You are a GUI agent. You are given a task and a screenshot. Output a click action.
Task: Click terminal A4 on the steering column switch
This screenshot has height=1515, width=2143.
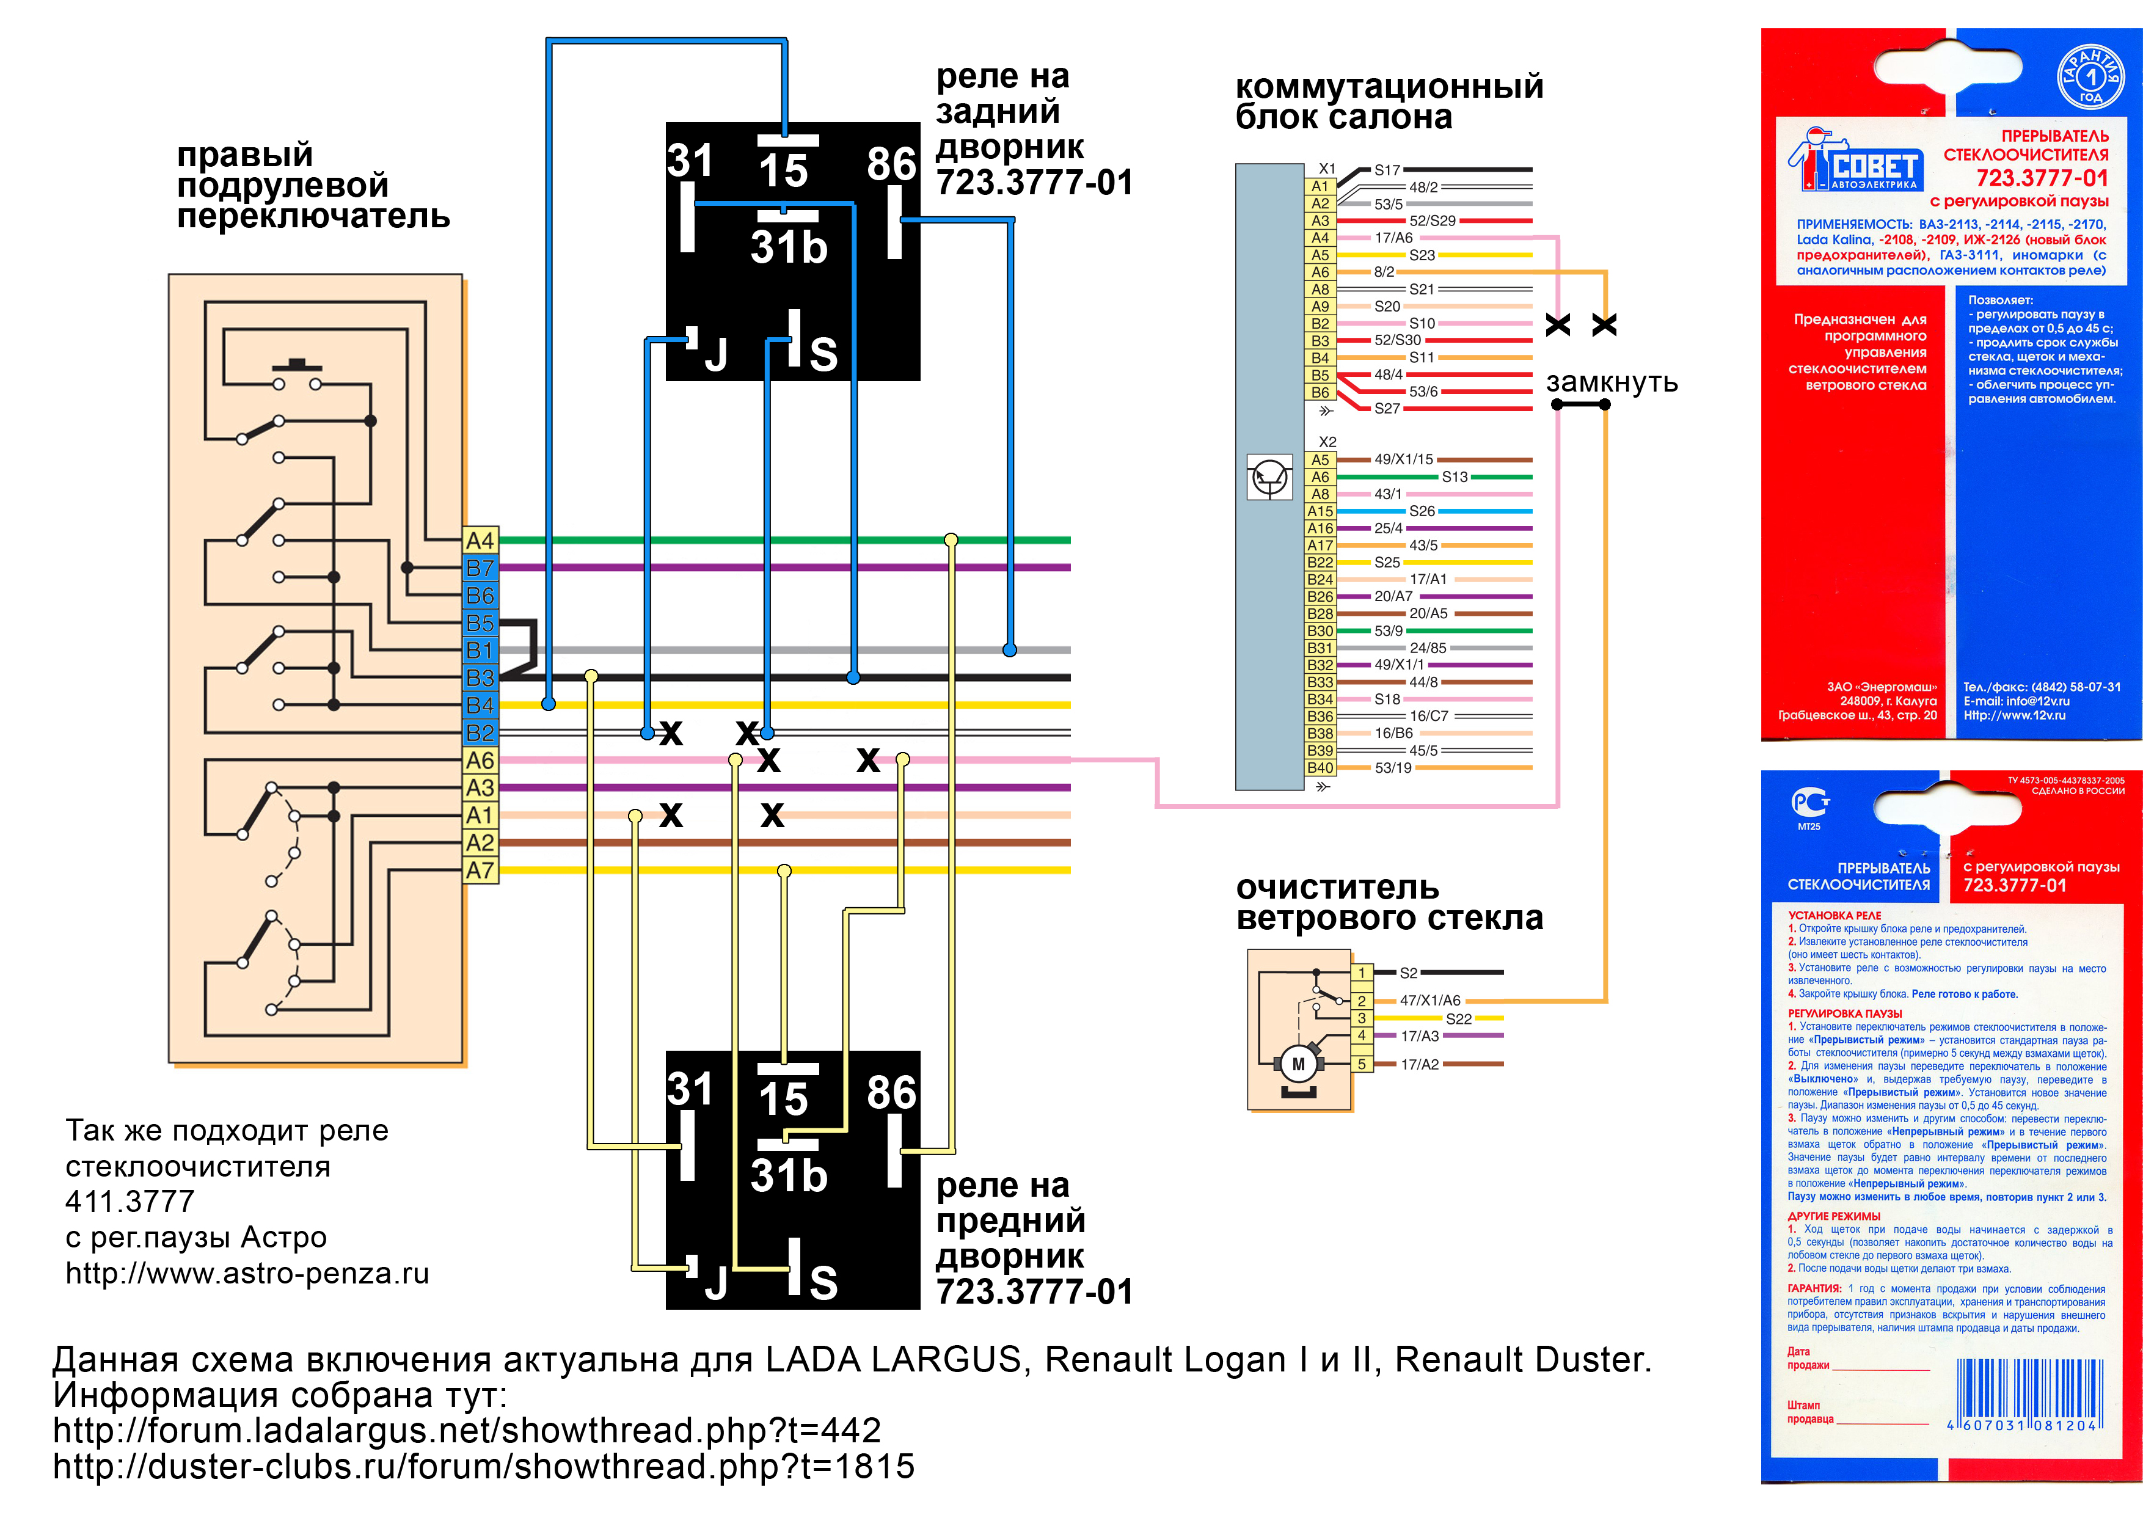(x=481, y=541)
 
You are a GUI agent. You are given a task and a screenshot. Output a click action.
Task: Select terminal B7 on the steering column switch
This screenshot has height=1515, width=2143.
(x=481, y=568)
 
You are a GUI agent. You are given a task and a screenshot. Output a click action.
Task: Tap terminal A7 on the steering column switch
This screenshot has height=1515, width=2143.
(x=481, y=870)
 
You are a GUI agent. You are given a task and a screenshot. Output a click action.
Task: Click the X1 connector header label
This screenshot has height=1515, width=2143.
(x=1326, y=169)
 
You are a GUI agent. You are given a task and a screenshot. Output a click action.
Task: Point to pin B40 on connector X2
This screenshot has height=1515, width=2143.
(x=1320, y=767)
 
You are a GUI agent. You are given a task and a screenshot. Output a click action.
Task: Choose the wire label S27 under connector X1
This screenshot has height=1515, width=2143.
(x=1387, y=409)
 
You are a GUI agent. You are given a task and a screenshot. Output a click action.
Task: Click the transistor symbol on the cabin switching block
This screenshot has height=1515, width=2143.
(x=1269, y=478)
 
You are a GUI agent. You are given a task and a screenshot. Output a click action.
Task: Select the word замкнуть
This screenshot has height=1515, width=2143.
(x=1612, y=382)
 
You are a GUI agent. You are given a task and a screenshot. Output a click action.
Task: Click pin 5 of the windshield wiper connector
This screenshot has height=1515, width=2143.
(x=1362, y=1064)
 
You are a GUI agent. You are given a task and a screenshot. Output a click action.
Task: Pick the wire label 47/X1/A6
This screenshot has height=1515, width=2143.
(x=1430, y=1001)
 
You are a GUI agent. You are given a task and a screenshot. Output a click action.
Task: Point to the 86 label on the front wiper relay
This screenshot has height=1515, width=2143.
(x=891, y=1093)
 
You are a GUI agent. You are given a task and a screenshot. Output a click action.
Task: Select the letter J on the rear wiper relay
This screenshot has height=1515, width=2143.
(x=716, y=356)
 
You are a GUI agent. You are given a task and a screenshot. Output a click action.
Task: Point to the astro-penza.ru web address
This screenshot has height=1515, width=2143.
(x=247, y=1273)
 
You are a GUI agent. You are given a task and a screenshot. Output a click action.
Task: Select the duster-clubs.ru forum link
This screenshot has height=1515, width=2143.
(x=483, y=1467)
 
